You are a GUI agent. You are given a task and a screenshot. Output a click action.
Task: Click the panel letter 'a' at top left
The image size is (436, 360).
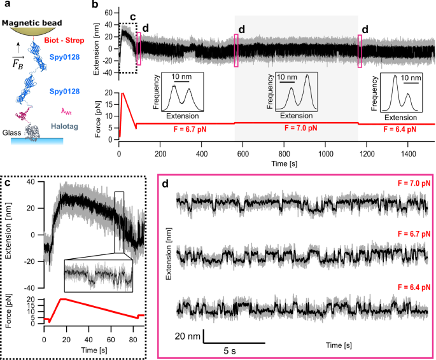pos(5,6)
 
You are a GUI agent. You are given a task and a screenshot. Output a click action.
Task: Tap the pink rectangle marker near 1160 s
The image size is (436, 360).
pos(360,50)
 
